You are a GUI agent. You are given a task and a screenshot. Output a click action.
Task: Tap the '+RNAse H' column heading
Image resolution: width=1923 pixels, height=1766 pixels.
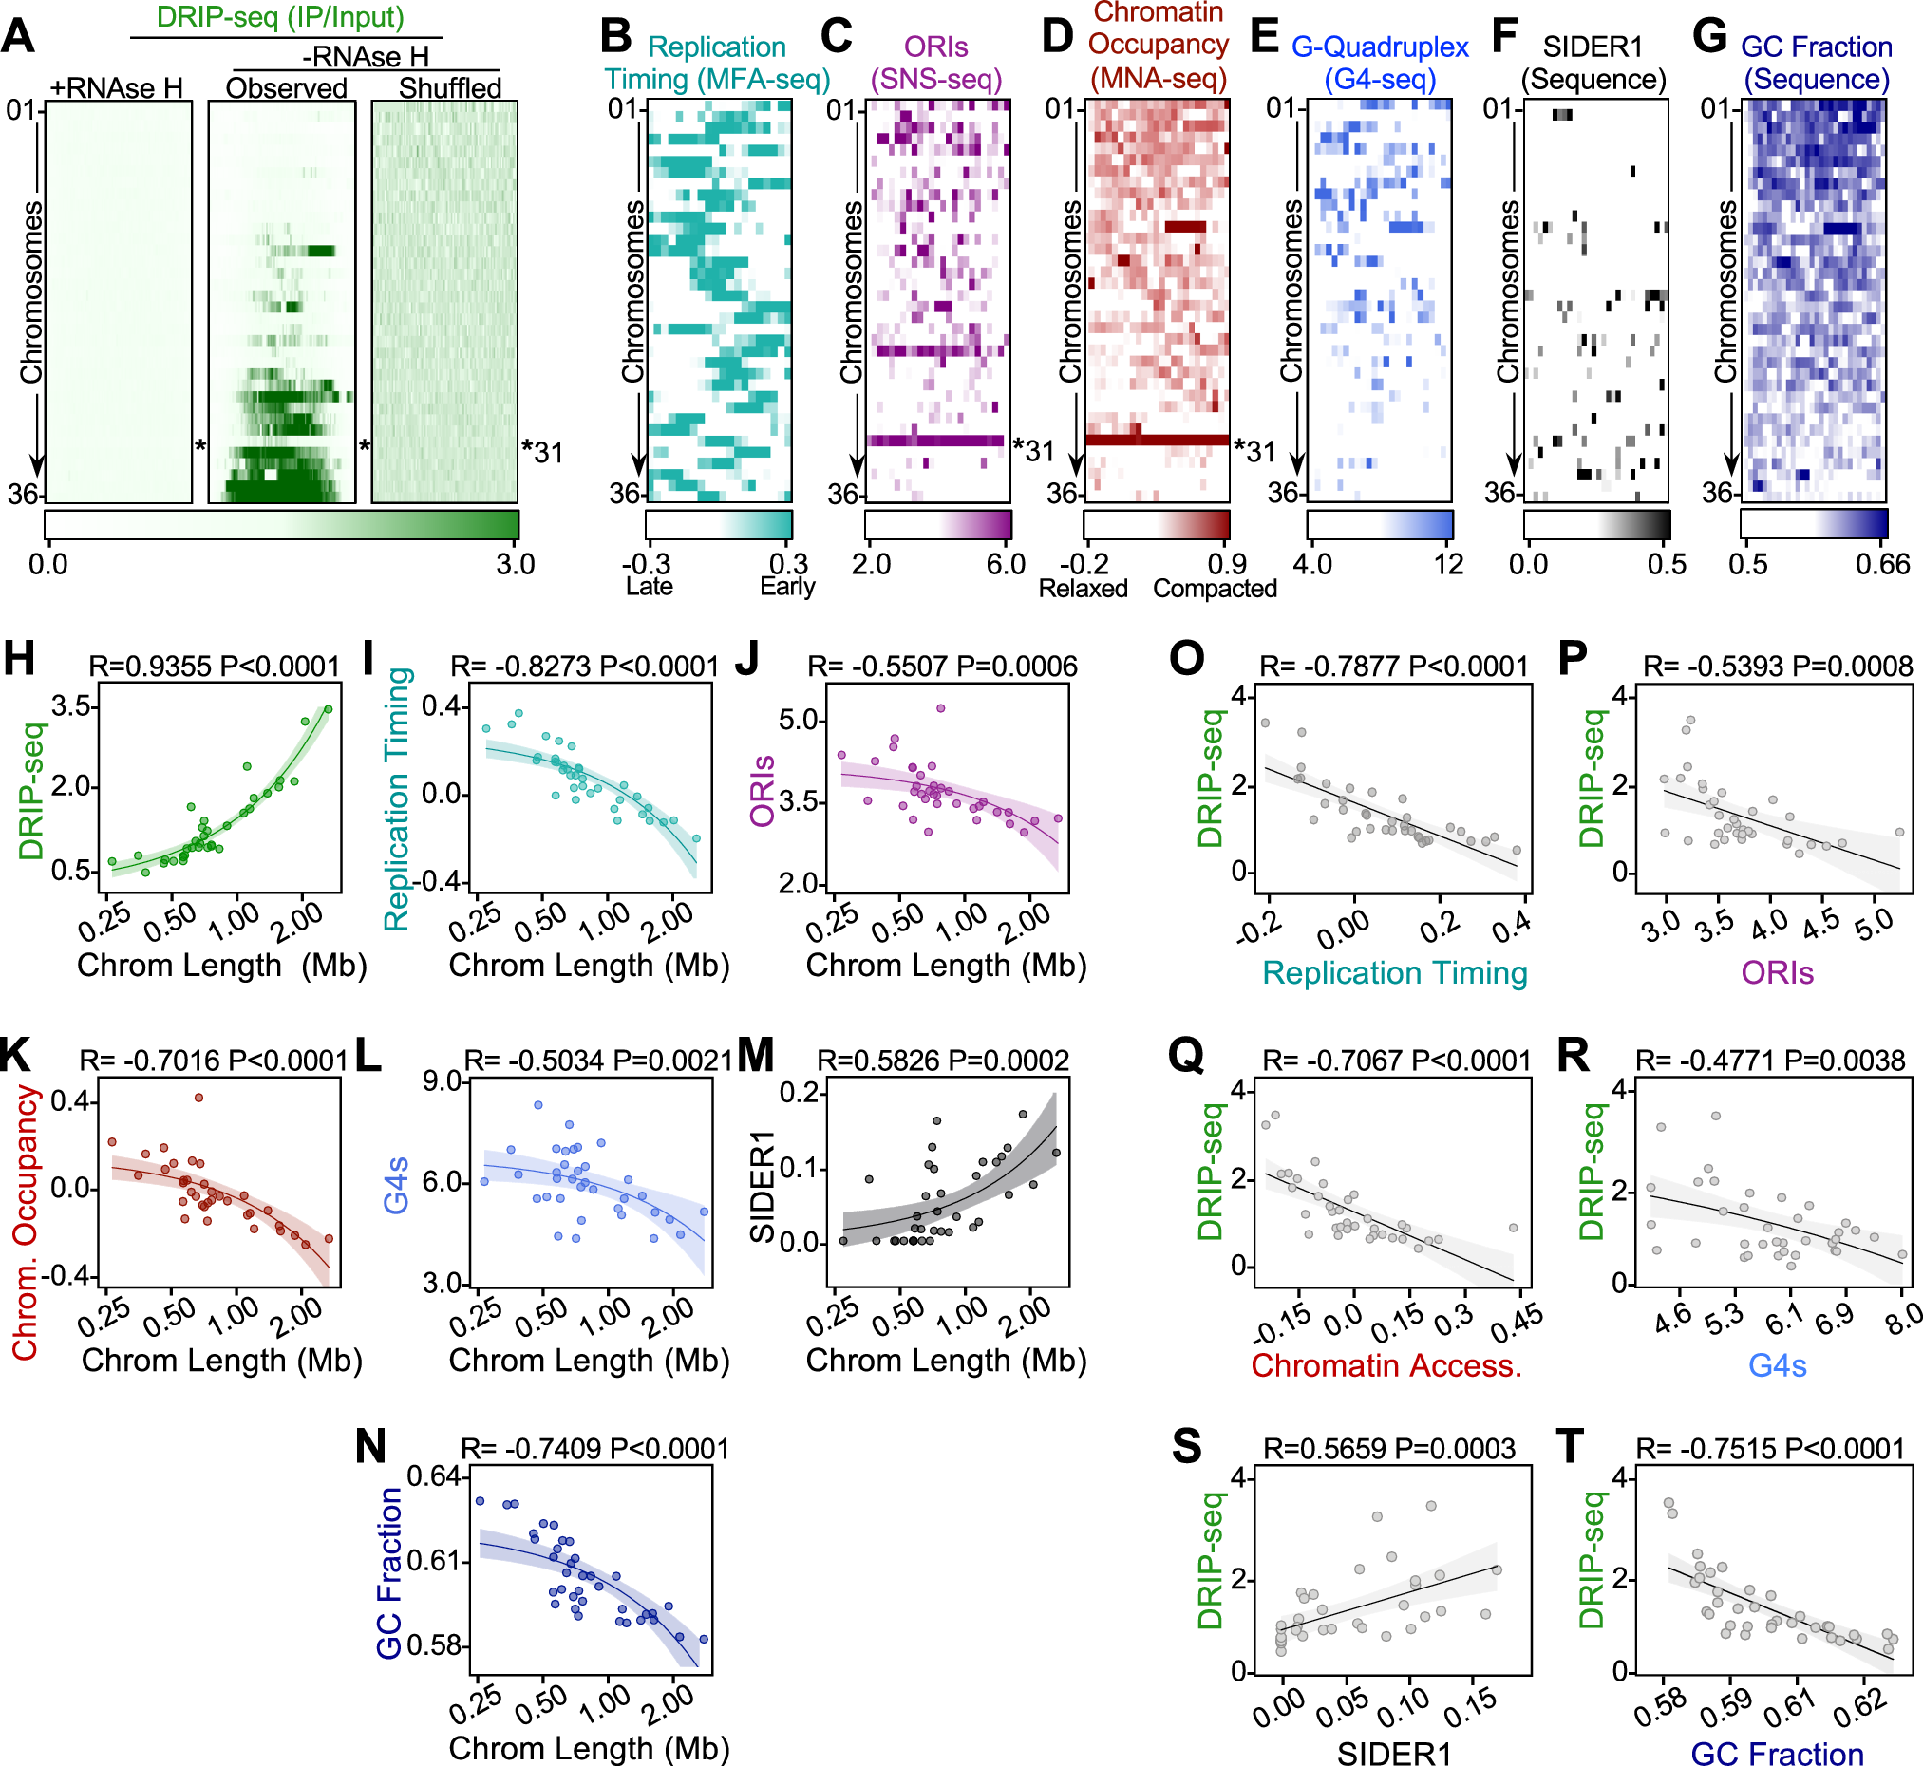coord(117,88)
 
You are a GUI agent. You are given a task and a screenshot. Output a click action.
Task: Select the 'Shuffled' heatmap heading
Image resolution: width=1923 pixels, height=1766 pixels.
coord(449,88)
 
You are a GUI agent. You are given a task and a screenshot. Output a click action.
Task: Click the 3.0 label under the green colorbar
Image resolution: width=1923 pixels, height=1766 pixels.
coord(515,564)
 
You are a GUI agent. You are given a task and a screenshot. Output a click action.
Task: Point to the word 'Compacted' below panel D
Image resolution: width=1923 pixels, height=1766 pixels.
coord(1214,588)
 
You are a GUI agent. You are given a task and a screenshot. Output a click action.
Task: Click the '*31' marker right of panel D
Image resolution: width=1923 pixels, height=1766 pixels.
coord(1254,451)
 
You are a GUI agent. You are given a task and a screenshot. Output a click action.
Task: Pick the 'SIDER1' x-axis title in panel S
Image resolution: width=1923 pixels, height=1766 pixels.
coord(1392,1752)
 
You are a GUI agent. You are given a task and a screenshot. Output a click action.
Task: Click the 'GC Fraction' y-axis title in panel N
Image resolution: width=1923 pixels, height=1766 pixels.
coord(389,1572)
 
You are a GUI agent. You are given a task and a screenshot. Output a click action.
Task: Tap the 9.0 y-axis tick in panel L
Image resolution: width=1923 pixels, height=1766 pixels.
coord(443,1080)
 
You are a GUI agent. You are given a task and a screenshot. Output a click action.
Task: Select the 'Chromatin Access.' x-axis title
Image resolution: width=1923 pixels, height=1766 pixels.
coord(1386,1365)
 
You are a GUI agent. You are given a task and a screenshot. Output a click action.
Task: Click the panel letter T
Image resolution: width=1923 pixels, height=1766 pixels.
coord(1572,1446)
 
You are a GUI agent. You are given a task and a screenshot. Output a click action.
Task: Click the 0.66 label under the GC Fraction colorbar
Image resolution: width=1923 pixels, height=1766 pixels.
coord(1882,564)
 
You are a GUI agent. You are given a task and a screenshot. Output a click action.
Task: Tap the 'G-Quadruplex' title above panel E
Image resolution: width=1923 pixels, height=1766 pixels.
coord(1379,47)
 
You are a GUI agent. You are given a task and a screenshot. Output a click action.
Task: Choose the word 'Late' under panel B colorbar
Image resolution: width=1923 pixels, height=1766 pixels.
coord(649,586)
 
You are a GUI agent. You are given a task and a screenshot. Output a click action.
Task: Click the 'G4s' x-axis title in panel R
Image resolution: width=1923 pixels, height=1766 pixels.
coord(1777,1365)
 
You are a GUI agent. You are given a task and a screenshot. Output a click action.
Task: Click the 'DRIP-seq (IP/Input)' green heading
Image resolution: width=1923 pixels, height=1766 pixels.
coord(280,17)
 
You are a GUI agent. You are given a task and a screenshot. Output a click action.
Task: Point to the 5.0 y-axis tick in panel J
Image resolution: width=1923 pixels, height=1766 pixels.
coord(801,720)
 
